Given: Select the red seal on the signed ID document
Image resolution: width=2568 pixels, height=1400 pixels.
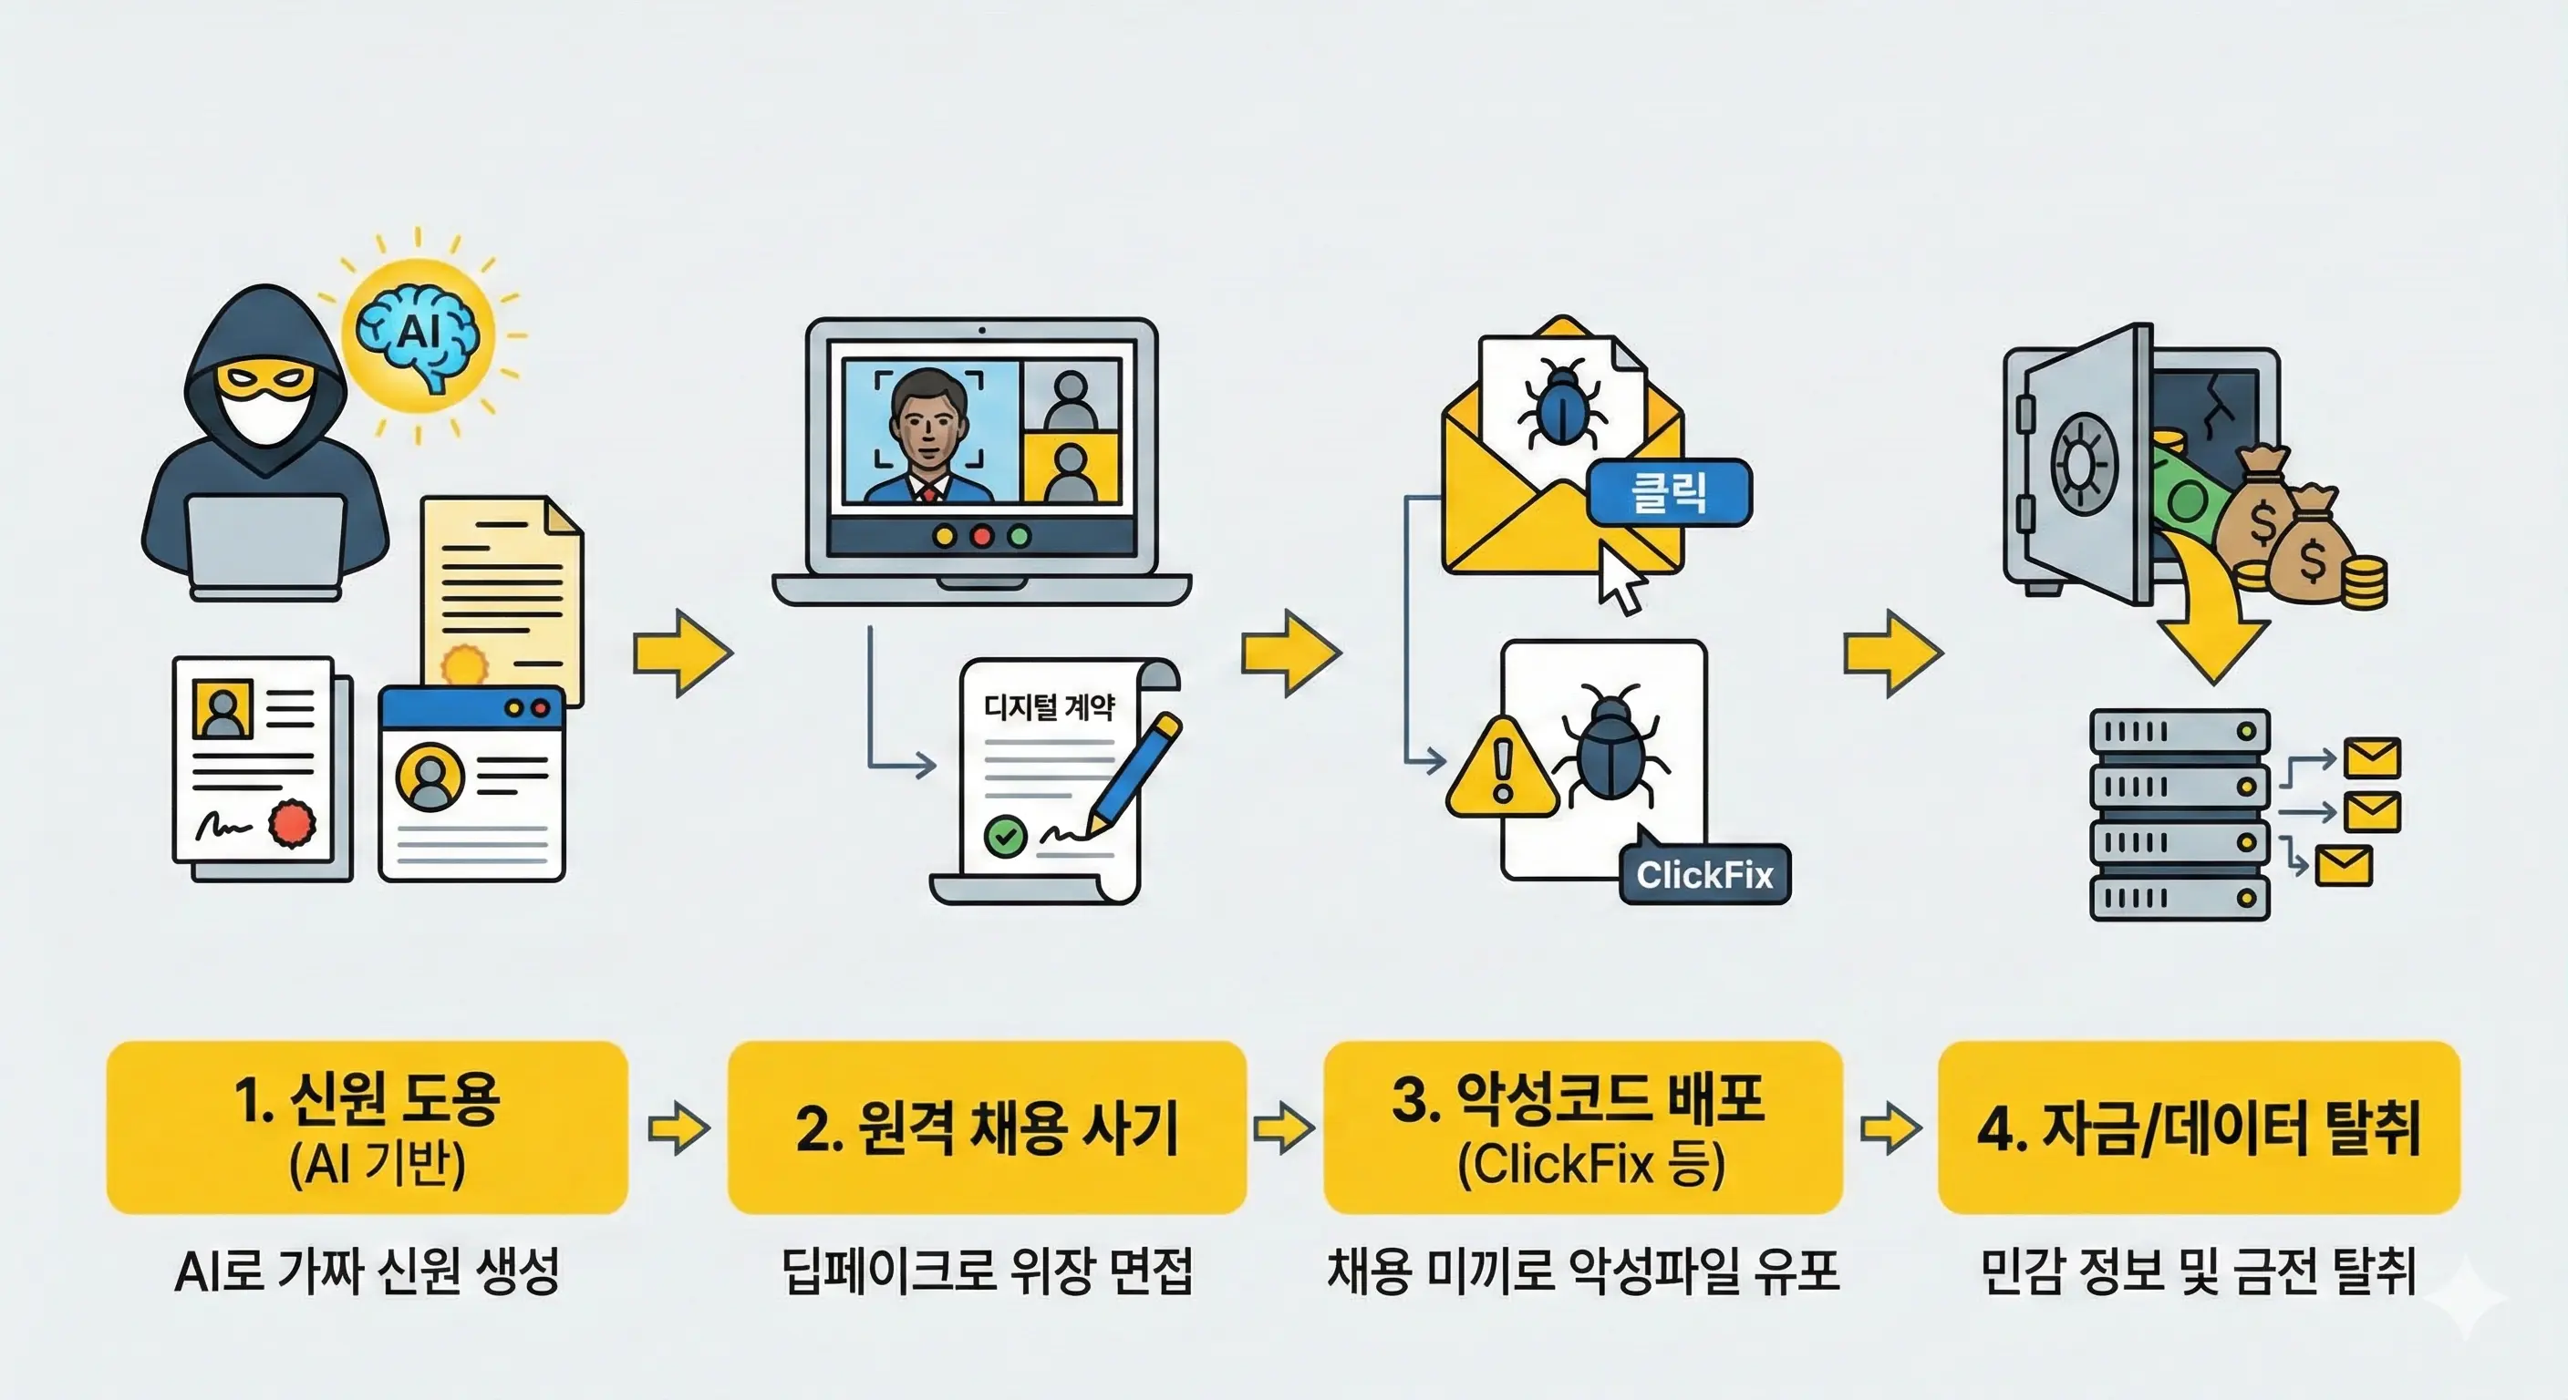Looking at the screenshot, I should tap(292, 823).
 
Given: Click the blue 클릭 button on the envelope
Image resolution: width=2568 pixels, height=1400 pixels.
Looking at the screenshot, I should tap(1668, 492).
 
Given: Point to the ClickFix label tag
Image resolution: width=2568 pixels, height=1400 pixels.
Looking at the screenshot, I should tap(1704, 875).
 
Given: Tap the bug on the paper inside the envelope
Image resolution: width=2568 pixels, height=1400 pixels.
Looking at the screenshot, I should tap(1561, 404).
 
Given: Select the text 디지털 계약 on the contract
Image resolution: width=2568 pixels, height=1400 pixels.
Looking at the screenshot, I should tap(1049, 706).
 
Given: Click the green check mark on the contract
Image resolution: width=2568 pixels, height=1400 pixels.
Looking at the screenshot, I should tap(1005, 835).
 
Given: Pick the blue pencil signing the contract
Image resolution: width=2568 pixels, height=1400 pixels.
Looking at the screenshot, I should tap(1136, 772).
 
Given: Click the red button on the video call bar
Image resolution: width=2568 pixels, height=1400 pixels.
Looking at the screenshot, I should tap(982, 537).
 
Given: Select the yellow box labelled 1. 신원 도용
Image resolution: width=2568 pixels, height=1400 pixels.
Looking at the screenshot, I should tap(367, 1127).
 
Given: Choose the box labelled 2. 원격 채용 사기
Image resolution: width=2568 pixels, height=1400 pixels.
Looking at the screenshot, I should tap(987, 1127).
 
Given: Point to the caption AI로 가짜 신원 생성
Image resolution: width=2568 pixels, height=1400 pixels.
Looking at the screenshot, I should tap(367, 1271).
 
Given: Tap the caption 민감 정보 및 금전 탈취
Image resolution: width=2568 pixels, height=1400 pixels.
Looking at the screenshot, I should tap(2197, 1271).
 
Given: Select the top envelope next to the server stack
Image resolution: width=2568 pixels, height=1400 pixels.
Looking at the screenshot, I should tap(2372, 758).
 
